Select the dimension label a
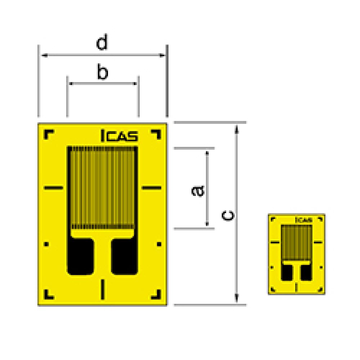coord(198,190)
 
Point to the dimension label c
coord(228,215)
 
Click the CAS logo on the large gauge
coord(118,136)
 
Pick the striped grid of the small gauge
coord(296,242)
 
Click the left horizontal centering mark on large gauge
coord(53,188)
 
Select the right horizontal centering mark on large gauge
coord(152,188)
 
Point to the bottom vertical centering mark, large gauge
coord(103,289)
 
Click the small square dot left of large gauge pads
coord(46,244)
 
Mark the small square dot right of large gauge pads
coord(159,244)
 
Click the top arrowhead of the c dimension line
coord(237,128)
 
